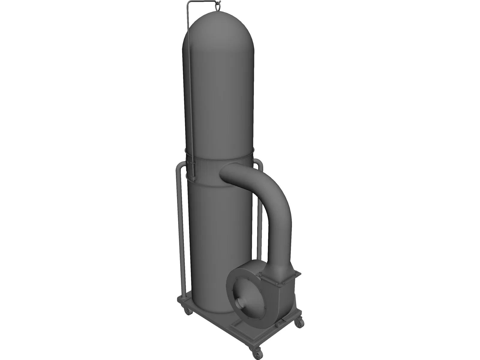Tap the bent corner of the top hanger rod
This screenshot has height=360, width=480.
(x=188, y=3)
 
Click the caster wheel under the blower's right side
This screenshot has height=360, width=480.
(x=299, y=322)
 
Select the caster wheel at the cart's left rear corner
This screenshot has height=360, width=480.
(x=188, y=312)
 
